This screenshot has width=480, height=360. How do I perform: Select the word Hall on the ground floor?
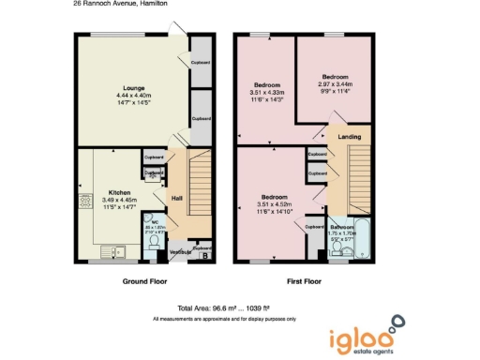click(175, 198)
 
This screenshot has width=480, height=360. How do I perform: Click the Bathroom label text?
click(342, 227)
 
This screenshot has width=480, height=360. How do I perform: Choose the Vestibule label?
click(180, 252)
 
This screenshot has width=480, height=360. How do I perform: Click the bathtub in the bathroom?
click(364, 241)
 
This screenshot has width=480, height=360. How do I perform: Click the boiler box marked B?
click(205, 253)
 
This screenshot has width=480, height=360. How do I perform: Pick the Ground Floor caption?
click(146, 281)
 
